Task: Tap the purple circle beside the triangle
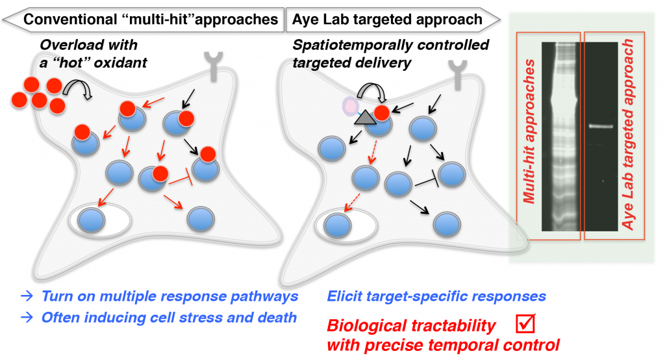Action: [351, 105]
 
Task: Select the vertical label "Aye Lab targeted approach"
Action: [628, 133]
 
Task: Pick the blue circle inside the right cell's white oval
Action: [337, 224]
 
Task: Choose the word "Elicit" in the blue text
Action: [346, 297]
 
